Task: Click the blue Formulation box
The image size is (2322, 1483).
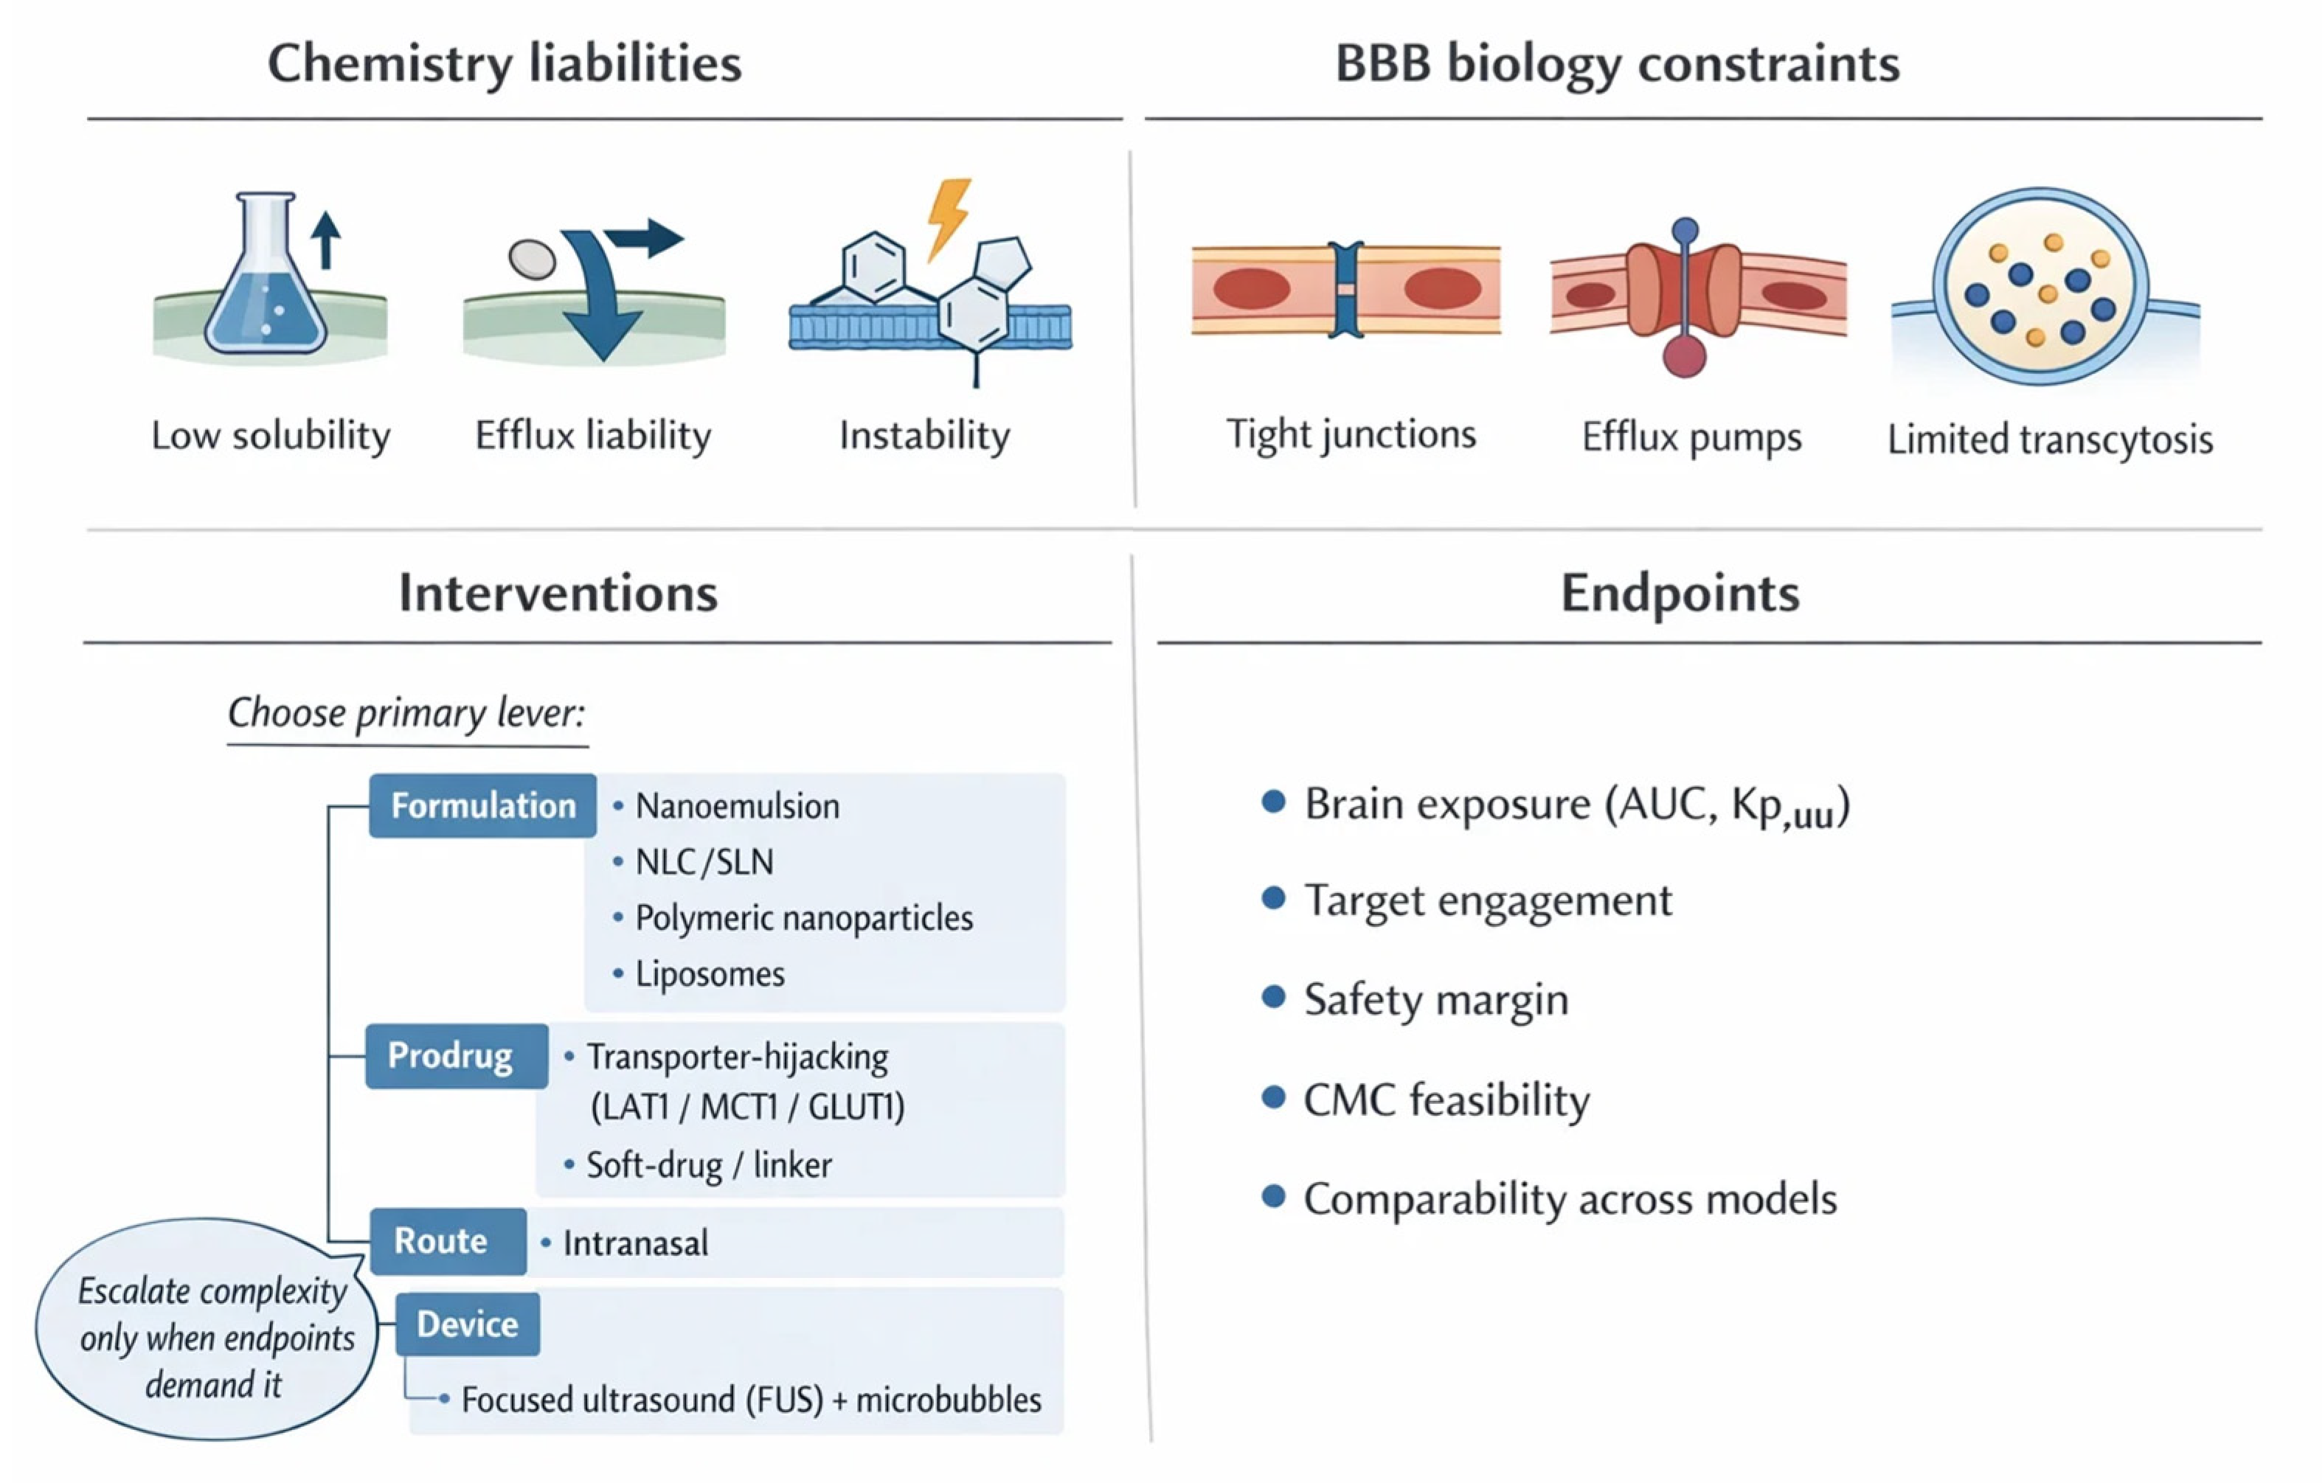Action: (482, 805)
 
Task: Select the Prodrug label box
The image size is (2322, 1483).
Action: (455, 1056)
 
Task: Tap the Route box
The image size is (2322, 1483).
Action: (448, 1241)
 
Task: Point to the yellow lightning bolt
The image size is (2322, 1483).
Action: (948, 217)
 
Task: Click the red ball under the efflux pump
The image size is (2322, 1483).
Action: (1684, 355)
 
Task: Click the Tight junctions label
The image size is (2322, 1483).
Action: (1350, 436)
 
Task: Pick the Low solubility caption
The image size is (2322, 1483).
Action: (271, 436)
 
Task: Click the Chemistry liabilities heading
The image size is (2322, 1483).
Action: (505, 63)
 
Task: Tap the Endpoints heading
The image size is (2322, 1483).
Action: (1680, 593)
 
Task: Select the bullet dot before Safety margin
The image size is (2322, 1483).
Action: (1274, 997)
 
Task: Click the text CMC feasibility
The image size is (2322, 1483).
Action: (1446, 1100)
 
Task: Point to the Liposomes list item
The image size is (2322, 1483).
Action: (709, 974)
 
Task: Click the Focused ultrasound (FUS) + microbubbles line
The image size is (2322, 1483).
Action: (750, 1400)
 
